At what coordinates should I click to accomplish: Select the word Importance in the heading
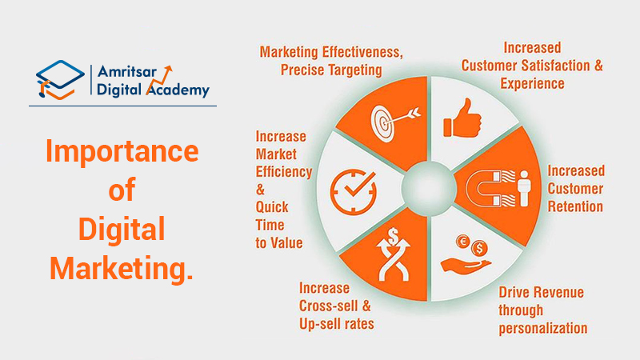(121, 152)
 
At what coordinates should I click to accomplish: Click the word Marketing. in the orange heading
(121, 268)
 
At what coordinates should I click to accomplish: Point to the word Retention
(574, 206)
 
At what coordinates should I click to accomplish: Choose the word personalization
(543, 328)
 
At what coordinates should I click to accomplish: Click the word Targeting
(354, 70)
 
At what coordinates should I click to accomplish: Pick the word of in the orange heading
(121, 191)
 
